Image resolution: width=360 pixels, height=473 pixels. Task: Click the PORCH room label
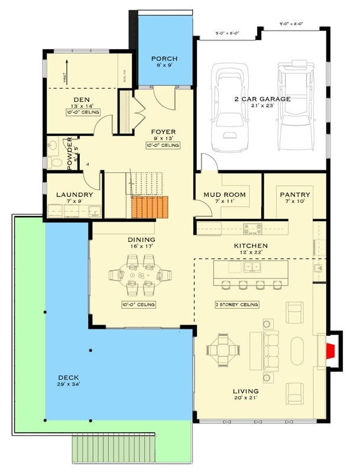pos(164,59)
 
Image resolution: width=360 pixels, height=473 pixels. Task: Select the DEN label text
pos(82,99)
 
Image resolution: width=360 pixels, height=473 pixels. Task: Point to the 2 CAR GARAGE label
pos(262,99)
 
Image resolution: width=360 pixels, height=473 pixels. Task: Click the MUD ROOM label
pos(224,195)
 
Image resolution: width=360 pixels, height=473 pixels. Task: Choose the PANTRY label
pos(295,195)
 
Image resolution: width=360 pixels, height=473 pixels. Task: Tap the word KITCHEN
pos(251,245)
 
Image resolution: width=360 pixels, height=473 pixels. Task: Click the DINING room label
pos(141,239)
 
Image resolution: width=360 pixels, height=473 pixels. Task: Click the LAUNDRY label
pos(74,195)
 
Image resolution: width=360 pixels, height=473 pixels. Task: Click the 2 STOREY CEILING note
pos(237,304)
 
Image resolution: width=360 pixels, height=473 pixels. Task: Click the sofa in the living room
pos(271,350)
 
